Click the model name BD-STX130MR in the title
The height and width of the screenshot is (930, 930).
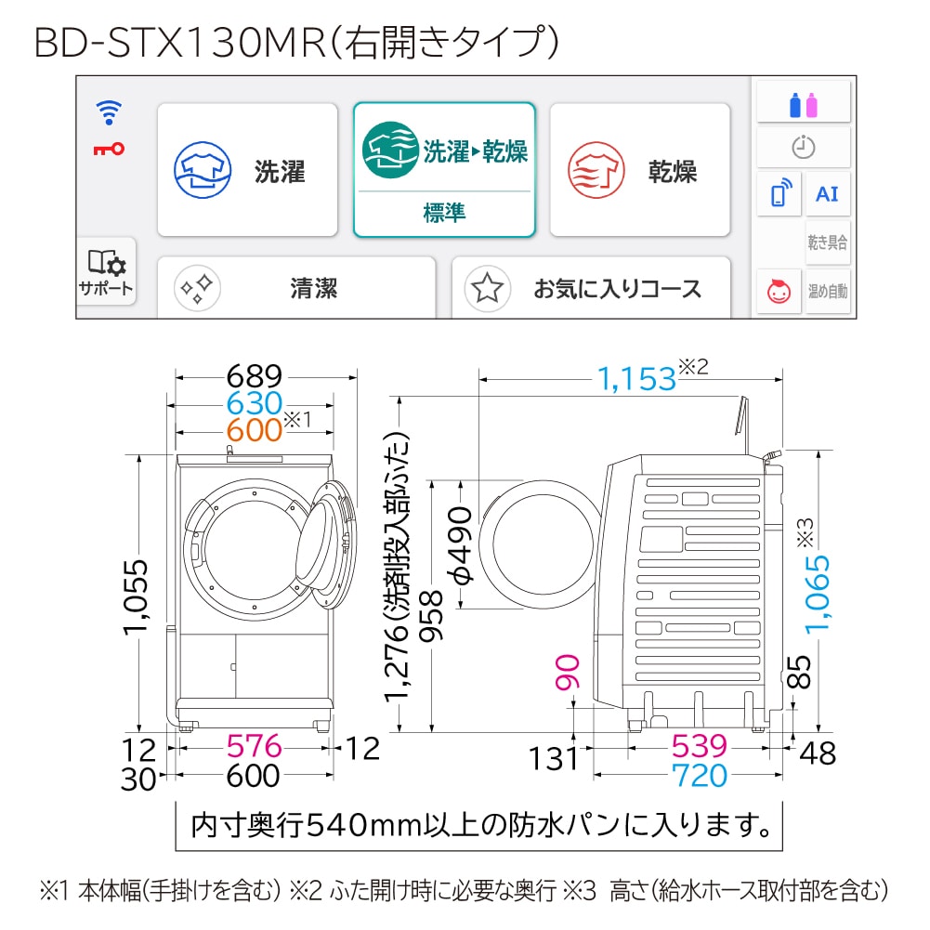[180, 43]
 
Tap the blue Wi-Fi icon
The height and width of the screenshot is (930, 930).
[109, 112]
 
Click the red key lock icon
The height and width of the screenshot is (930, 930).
[109, 149]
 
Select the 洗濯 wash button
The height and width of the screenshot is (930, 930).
[247, 170]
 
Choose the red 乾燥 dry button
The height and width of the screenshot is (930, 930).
[640, 170]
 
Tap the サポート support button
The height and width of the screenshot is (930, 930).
[106, 271]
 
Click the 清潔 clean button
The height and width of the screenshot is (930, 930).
[296, 288]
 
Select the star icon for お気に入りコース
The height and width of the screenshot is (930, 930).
[487, 289]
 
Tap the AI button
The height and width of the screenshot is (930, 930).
[828, 194]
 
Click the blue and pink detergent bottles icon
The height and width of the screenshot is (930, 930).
[803, 104]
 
